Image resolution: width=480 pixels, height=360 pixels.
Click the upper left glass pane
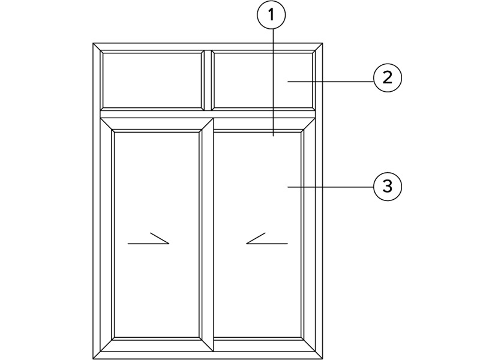[x=152, y=80]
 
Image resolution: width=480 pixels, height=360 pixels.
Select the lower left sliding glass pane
[x=157, y=235]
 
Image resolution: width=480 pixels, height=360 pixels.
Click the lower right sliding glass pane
[x=257, y=235]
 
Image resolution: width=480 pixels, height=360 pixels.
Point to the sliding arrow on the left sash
[x=148, y=239]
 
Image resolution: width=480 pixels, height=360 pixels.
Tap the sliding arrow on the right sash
[x=267, y=239]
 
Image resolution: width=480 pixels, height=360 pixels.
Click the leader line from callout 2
[x=331, y=82]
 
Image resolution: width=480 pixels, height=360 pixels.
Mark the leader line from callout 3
[x=331, y=187]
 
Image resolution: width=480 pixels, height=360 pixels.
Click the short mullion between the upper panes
[x=208, y=80]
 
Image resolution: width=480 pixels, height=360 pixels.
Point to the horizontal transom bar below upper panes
[x=208, y=114]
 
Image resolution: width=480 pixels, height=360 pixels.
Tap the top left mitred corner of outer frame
[x=97, y=47]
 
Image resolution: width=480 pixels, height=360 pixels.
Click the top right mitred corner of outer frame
[x=319, y=47]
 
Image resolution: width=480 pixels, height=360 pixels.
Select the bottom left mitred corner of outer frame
[x=97, y=355]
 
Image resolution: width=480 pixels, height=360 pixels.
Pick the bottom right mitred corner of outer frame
[x=319, y=355]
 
